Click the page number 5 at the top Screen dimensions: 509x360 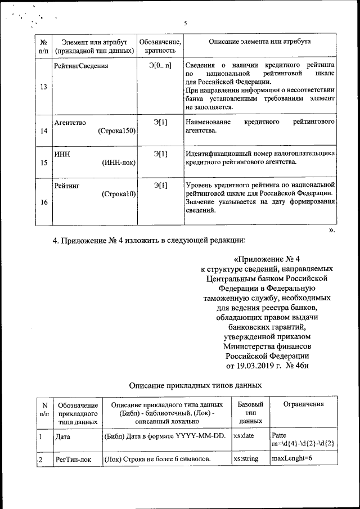184,24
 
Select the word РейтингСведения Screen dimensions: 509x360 81,66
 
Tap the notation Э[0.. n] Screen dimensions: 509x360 160,66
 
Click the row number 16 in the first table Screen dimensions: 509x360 44,202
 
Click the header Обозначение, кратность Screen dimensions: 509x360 160,46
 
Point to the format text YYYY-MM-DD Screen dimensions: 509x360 201,436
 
